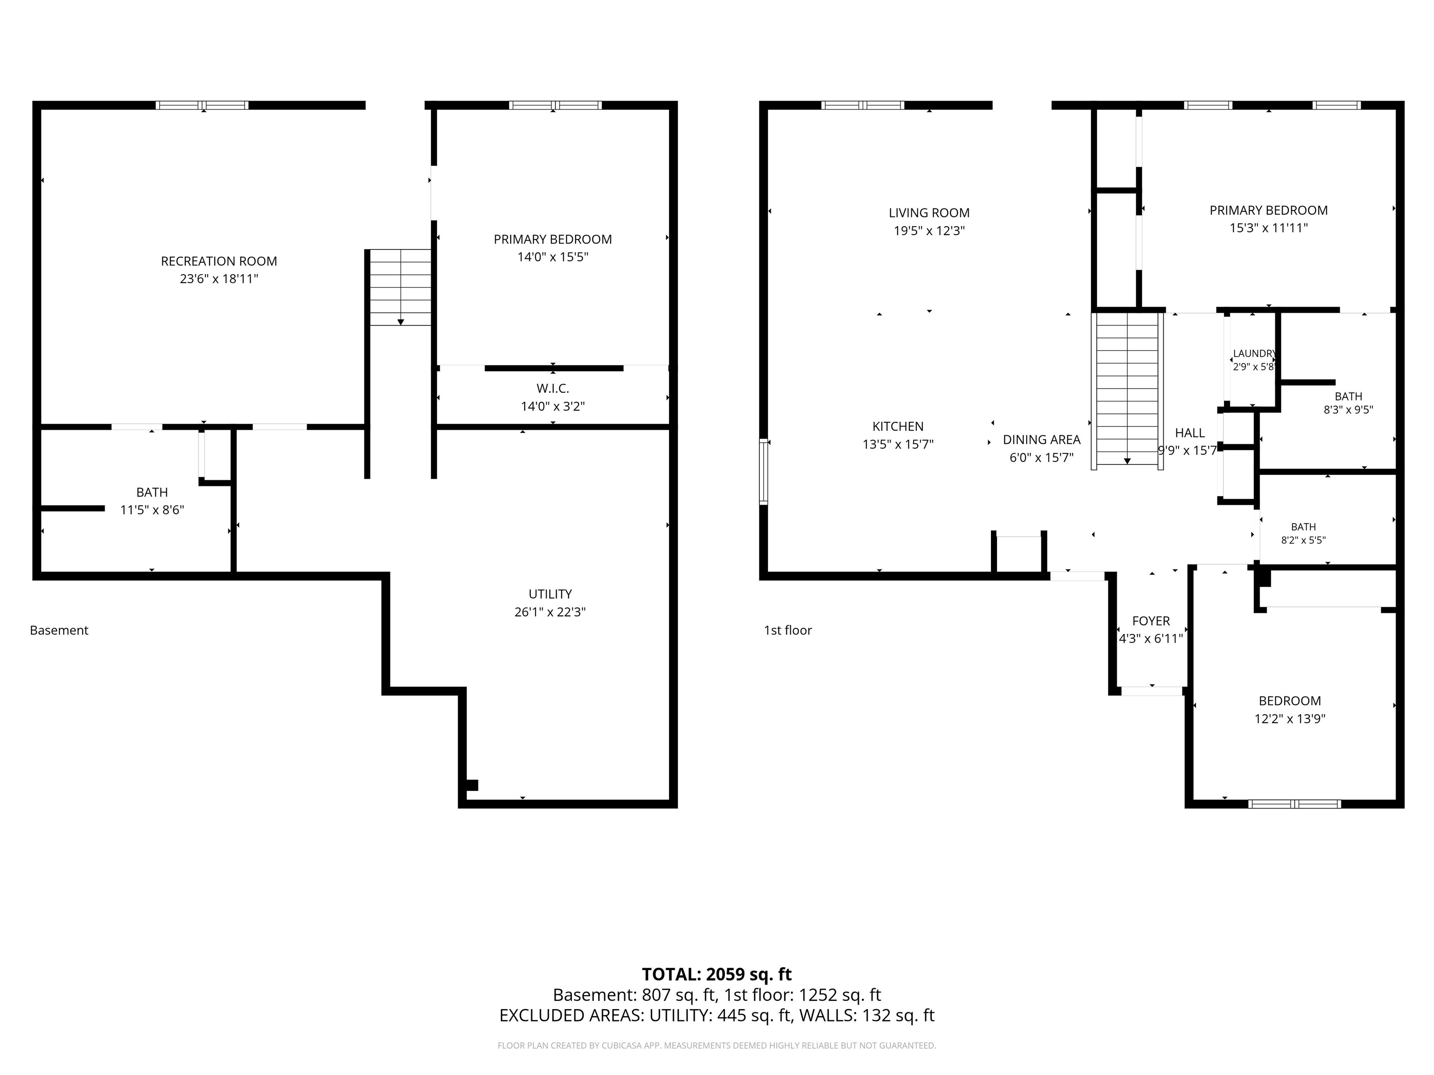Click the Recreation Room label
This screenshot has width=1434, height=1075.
(218, 261)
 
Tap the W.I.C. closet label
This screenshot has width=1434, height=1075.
(552, 389)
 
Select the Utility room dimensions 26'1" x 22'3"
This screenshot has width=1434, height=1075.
(550, 612)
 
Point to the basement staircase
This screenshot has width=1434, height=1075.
(400, 287)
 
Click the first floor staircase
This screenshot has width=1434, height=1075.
(1127, 389)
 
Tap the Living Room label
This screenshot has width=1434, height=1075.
(929, 213)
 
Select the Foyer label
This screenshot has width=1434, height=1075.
(1151, 621)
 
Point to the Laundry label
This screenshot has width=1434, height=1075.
(1254, 353)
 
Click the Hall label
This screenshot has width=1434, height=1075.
(1189, 433)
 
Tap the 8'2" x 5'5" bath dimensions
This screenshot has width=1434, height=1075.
(1303, 540)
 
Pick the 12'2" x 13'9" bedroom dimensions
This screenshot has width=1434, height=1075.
(1289, 719)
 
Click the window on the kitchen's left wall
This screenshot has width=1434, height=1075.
(764, 471)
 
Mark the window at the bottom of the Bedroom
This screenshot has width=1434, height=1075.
(1294, 804)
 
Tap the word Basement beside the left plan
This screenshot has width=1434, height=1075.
(59, 630)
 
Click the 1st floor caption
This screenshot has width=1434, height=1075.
(787, 630)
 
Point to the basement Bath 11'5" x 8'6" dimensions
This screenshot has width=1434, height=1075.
(152, 510)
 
